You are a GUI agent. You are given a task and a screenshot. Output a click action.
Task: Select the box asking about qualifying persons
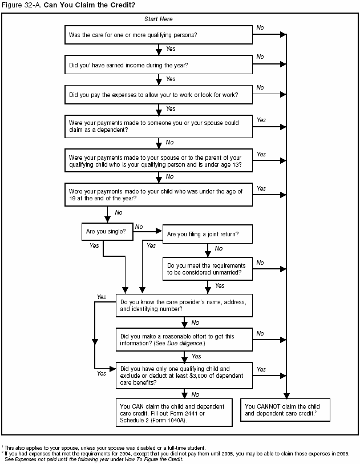[x=158, y=35]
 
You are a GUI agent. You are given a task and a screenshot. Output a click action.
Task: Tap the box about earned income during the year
[x=158, y=64]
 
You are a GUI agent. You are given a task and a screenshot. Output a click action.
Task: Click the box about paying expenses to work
[x=158, y=94]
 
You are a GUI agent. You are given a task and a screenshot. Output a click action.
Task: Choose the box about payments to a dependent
[x=158, y=126]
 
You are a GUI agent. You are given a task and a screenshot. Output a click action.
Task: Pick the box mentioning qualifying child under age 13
[x=158, y=161]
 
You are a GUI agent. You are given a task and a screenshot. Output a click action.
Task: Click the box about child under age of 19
[x=158, y=195]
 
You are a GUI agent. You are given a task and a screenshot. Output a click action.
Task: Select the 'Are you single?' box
[x=107, y=232]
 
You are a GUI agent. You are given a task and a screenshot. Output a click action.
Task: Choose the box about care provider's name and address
[x=183, y=305]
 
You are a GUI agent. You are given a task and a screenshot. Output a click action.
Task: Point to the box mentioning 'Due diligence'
[x=183, y=340]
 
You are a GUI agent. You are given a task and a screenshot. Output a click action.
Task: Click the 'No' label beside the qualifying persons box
[x=260, y=27]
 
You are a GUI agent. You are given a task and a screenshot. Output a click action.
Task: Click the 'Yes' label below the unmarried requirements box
[x=220, y=285]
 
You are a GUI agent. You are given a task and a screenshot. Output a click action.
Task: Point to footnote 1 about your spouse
[x=108, y=447]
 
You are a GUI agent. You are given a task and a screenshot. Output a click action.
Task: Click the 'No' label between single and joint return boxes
[x=139, y=227]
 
